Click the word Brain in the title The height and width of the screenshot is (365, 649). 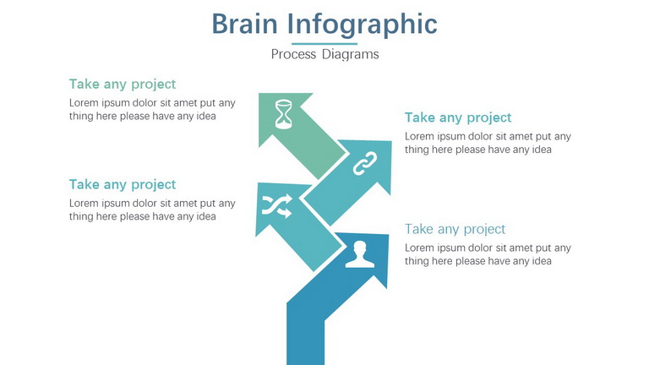tap(244, 24)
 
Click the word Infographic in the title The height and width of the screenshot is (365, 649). tap(363, 25)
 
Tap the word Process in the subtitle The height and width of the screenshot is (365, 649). tap(293, 54)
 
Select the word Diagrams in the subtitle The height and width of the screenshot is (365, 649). tap(350, 54)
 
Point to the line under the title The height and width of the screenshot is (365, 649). tap(324, 43)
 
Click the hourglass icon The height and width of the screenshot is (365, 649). tap(284, 114)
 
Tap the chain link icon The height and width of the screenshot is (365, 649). tap(365, 163)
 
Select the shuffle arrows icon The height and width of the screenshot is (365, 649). tap(277, 205)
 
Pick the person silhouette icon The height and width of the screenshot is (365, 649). tap(360, 254)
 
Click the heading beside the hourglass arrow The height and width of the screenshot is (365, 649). tap(123, 84)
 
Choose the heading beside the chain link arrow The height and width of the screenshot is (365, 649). tap(458, 118)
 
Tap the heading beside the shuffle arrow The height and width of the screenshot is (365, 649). tap(123, 184)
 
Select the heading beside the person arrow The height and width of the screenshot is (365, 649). tap(455, 229)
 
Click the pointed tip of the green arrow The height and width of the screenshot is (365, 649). tap(259, 94)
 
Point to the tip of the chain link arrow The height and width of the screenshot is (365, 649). tap(390, 142)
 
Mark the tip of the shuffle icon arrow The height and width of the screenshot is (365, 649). tap(258, 183)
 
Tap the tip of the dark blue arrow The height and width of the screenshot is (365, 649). tap(388, 235)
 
